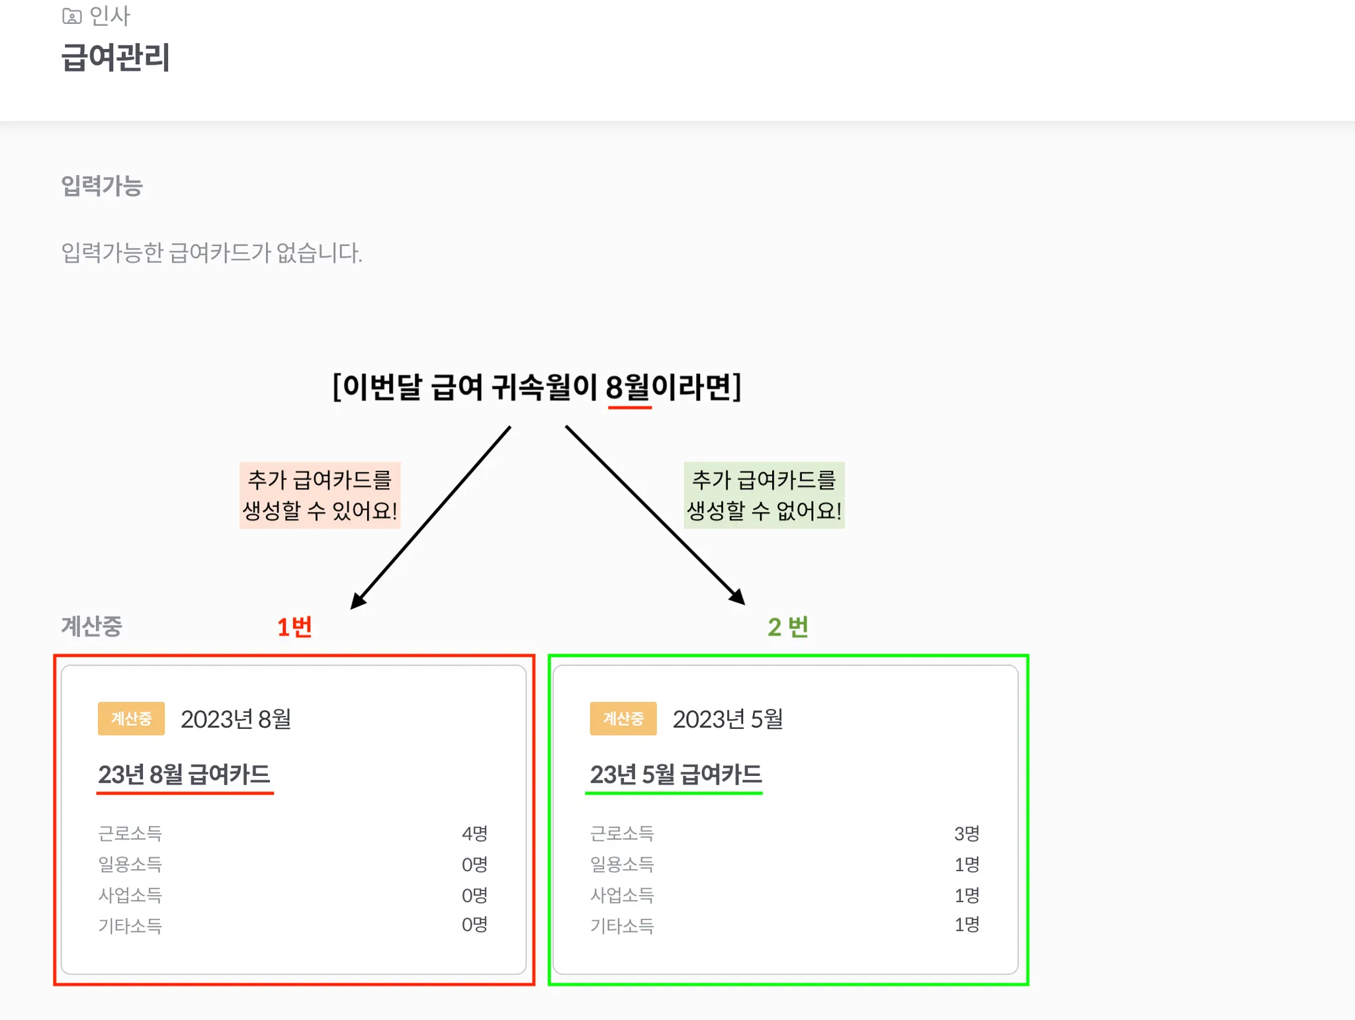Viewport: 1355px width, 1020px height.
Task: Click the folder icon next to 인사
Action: click(x=71, y=16)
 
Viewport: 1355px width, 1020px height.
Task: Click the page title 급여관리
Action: click(x=116, y=57)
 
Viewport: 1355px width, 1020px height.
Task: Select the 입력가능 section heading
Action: click(x=102, y=186)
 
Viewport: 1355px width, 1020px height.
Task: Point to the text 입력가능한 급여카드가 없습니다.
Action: click(x=212, y=253)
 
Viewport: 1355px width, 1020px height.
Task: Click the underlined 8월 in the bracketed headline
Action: click(x=629, y=387)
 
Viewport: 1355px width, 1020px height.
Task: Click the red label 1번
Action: click(x=294, y=626)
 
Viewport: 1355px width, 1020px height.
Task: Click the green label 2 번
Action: click(x=788, y=626)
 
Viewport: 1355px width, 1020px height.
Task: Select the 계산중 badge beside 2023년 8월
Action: click(x=131, y=718)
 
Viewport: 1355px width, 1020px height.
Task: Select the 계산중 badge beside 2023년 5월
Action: click(x=623, y=718)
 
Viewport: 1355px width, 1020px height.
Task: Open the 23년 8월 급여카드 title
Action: click(x=185, y=774)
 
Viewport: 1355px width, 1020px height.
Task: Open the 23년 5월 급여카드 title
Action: click(x=676, y=774)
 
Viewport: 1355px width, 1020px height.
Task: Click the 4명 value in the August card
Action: click(x=474, y=833)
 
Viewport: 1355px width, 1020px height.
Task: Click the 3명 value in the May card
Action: click(x=967, y=833)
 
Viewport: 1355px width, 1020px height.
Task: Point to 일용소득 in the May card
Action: click(x=622, y=864)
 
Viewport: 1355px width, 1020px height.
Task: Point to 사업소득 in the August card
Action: click(x=130, y=895)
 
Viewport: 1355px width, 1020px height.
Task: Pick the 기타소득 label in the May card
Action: click(x=622, y=925)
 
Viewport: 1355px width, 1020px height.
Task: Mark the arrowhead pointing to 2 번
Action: click(x=738, y=597)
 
